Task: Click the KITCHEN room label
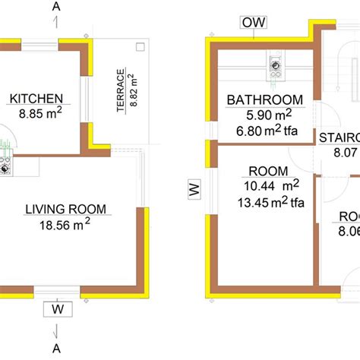(x=36, y=98)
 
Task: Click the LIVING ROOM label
(x=66, y=209)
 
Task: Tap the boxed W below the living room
(x=57, y=308)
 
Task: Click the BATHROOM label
(x=265, y=99)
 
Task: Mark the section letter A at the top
(x=58, y=8)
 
